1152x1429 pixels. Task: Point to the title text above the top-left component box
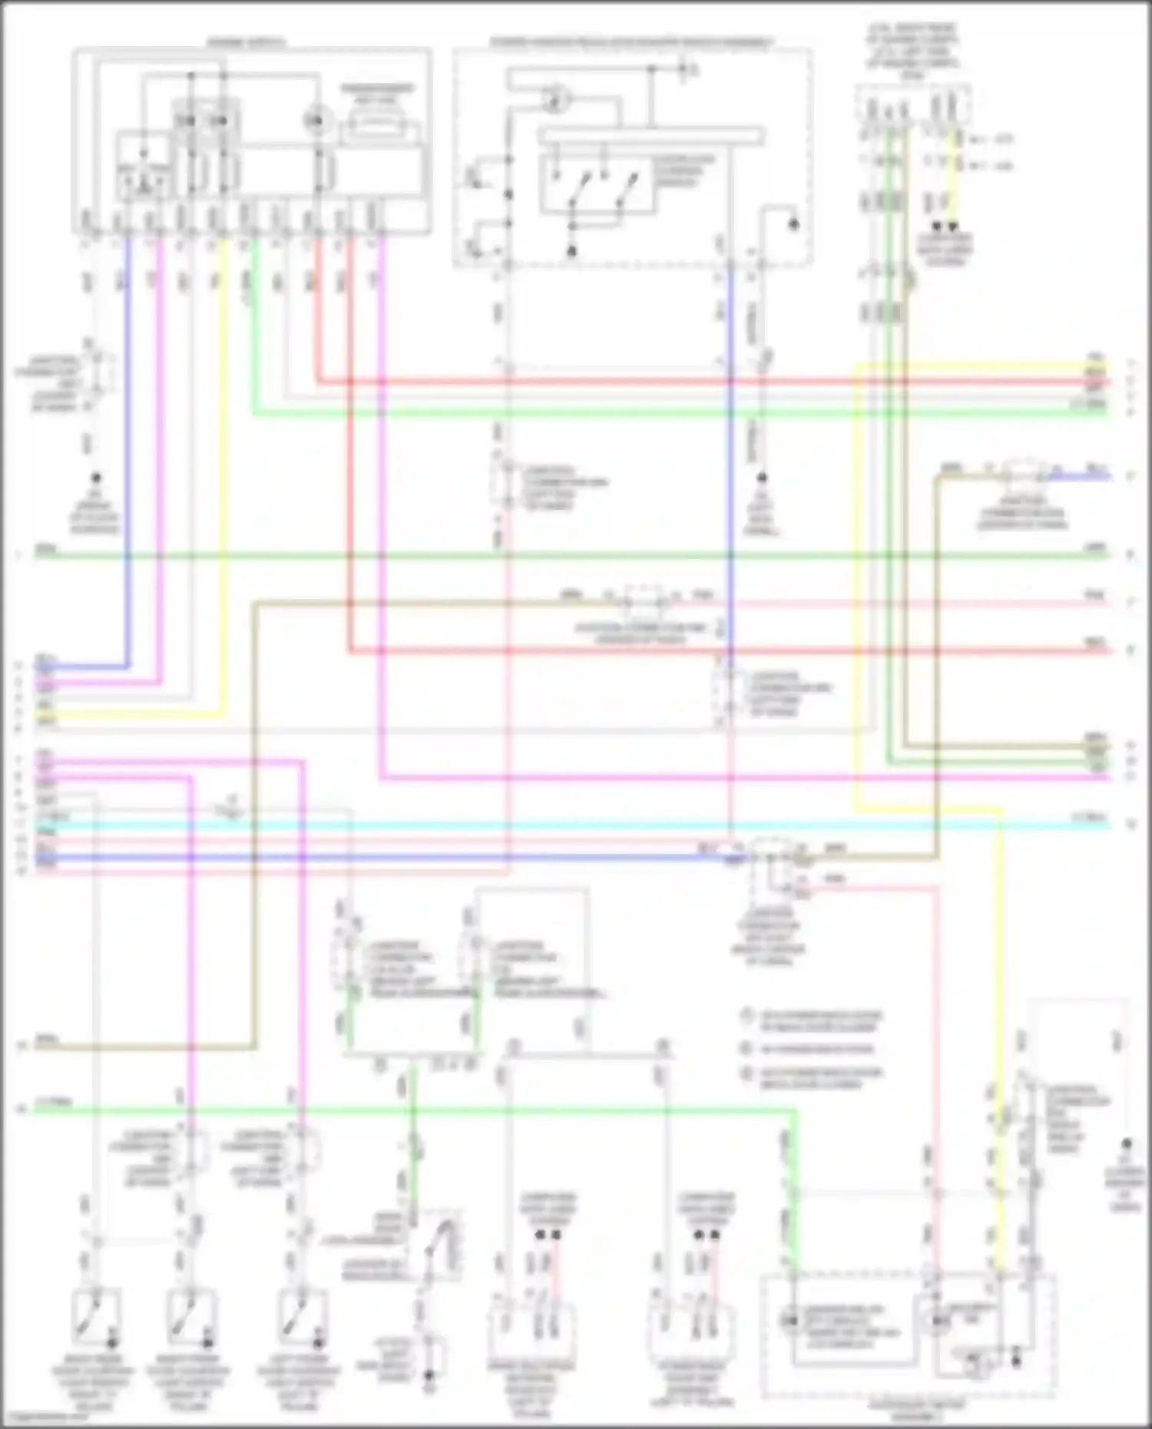(x=246, y=42)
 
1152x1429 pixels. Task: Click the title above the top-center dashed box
(x=631, y=42)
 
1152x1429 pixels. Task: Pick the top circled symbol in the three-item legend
(x=746, y=1016)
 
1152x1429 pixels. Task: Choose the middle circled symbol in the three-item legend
(x=746, y=1048)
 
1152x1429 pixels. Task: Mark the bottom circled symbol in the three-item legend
(x=746, y=1073)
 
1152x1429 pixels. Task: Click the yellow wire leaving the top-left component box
(x=223, y=461)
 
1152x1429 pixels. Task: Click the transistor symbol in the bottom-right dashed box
(x=978, y=1365)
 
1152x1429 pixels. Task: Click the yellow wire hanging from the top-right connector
(x=957, y=177)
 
